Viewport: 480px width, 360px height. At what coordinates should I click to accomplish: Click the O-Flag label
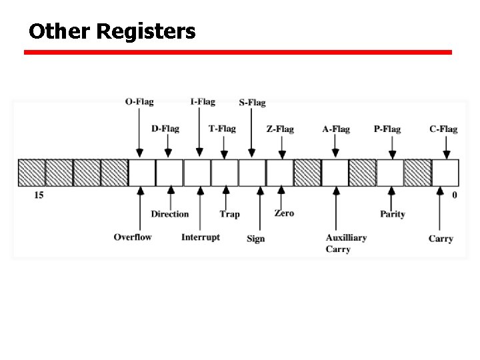[139, 102]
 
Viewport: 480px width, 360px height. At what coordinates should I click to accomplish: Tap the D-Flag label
[165, 129]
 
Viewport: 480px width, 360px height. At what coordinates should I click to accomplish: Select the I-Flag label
[203, 102]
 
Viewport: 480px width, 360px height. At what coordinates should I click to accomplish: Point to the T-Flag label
[222, 129]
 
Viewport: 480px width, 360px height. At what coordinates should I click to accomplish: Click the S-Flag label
[252, 103]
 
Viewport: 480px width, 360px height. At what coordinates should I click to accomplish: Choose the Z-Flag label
[280, 129]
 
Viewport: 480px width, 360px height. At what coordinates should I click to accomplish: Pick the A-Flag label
[336, 129]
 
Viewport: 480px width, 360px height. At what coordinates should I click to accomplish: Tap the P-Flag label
[387, 129]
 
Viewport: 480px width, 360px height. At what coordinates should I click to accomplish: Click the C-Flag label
[443, 129]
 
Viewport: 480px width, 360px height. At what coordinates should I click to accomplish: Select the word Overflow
[133, 237]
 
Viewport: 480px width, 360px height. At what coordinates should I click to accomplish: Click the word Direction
[170, 214]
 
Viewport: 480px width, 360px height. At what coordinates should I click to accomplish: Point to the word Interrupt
[201, 237]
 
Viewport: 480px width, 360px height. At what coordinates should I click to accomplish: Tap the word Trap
[229, 214]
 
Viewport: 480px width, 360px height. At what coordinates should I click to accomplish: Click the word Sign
[255, 239]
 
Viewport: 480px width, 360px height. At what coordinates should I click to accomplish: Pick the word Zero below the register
[284, 213]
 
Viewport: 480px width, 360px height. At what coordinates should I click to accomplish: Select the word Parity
[393, 214]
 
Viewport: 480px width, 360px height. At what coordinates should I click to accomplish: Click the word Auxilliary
[346, 237]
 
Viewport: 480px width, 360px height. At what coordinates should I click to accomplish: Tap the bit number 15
[39, 195]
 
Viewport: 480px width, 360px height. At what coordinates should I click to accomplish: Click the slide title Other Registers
[112, 31]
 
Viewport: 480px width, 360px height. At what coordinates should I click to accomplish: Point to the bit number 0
[455, 195]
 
